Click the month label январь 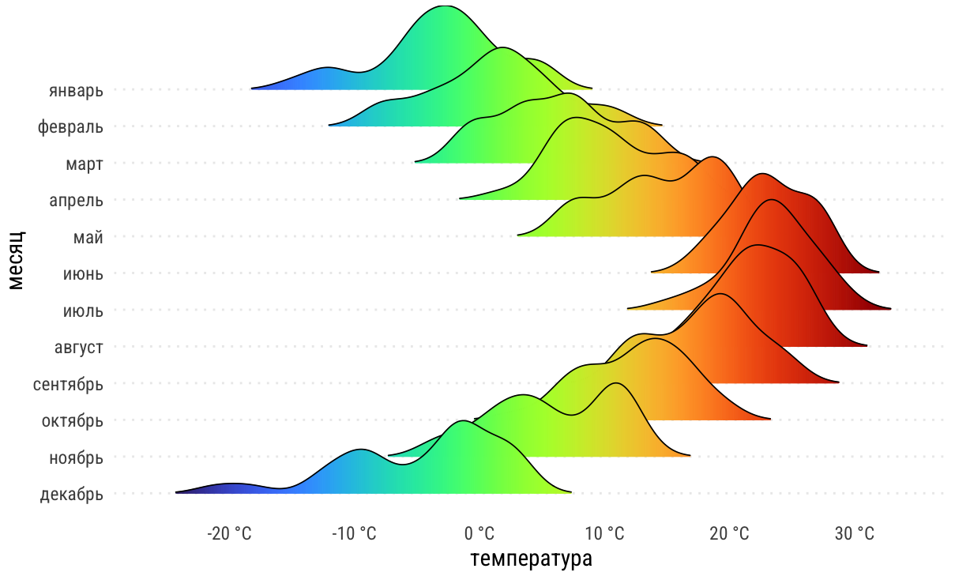point(76,90)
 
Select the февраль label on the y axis point(70,126)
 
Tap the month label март point(85,164)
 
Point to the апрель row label point(76,200)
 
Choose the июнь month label point(83,273)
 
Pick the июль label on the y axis point(83,311)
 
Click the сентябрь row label point(68,384)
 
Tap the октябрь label point(73,420)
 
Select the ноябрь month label point(77,457)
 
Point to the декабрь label point(71,495)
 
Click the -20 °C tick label point(229,534)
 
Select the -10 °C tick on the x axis point(354,534)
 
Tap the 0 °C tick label point(479,534)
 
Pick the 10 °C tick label point(605,534)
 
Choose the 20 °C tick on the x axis point(729,534)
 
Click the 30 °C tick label point(855,534)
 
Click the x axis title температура point(531,559)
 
